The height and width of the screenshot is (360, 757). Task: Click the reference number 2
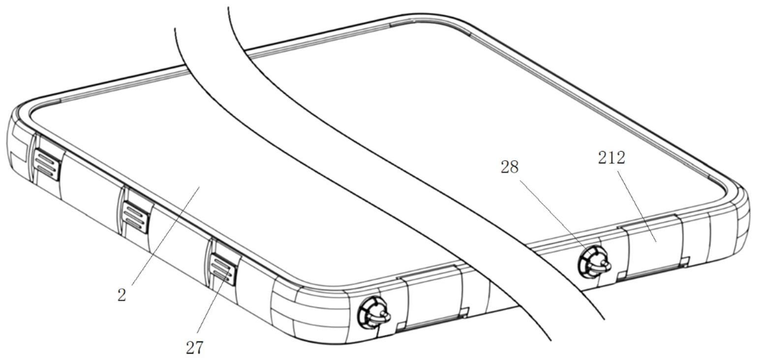pos(121,295)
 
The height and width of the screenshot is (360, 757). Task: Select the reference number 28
pos(510,167)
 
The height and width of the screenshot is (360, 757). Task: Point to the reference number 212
pos(611,158)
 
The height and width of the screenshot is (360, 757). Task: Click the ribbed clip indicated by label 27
pos(222,268)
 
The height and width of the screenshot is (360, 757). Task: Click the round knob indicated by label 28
pos(593,261)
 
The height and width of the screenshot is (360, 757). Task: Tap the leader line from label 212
pos(635,202)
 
